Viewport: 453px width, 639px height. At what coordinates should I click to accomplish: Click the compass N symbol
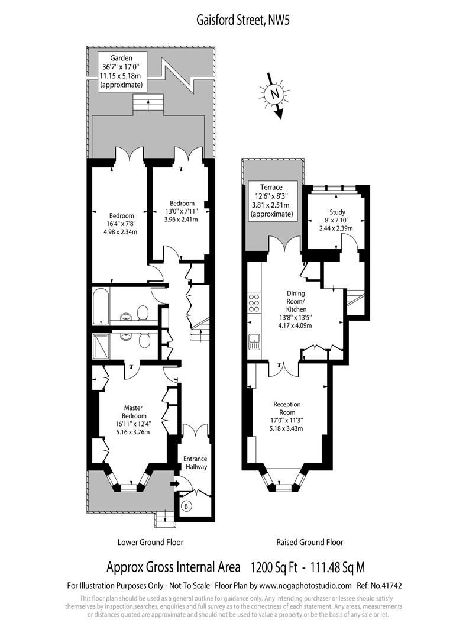[x=275, y=94]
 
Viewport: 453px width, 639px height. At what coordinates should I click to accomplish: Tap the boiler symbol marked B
[x=186, y=506]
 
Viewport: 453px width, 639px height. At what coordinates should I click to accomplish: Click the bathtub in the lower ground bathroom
[x=101, y=306]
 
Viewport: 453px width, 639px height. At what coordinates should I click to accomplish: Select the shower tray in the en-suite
[x=101, y=346]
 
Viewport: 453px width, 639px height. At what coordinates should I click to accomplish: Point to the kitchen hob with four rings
[x=254, y=303]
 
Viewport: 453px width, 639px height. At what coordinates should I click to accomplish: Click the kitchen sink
[x=254, y=341]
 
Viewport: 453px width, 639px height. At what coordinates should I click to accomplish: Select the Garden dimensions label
[x=121, y=72]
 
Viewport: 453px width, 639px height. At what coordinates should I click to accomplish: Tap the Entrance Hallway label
[x=196, y=463]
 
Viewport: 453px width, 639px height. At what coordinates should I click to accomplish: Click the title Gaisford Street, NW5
[x=243, y=20]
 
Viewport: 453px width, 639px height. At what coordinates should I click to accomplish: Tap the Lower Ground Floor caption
[x=150, y=542]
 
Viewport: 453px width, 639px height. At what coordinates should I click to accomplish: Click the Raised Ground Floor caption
[x=310, y=542]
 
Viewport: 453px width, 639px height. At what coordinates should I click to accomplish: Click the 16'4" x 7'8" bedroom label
[x=121, y=224]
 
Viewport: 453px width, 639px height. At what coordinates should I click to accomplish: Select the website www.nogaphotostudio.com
[x=305, y=586]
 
